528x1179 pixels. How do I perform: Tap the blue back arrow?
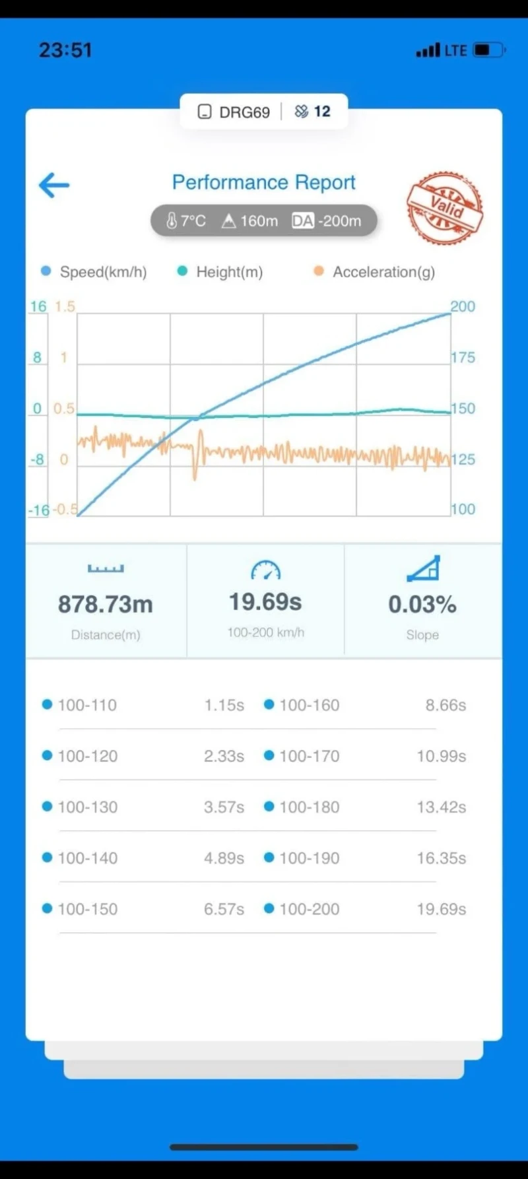pyautogui.click(x=54, y=185)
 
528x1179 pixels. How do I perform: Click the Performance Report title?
pyautogui.click(x=263, y=182)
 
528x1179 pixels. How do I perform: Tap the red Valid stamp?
pyautogui.click(x=445, y=208)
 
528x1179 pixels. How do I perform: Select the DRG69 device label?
pyautogui.click(x=244, y=112)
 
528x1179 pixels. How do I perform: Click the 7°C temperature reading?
pyautogui.click(x=186, y=221)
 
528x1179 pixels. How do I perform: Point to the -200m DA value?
pyautogui.click(x=339, y=221)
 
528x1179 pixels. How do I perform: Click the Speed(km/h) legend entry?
pyautogui.click(x=102, y=272)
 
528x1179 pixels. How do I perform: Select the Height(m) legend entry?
pyautogui.click(x=228, y=272)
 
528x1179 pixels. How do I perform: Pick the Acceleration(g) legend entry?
pyautogui.click(x=383, y=272)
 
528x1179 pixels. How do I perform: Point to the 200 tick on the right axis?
pyautogui.click(x=463, y=306)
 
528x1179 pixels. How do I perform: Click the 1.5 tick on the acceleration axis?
pyautogui.click(x=65, y=306)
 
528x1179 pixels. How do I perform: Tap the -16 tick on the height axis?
pyautogui.click(x=38, y=510)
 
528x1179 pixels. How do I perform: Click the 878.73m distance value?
pyautogui.click(x=106, y=604)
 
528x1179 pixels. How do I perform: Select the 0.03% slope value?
pyautogui.click(x=422, y=604)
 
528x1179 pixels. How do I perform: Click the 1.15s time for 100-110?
pyautogui.click(x=224, y=705)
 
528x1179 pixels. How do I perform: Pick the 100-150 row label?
pyautogui.click(x=87, y=909)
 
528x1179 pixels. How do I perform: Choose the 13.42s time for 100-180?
pyautogui.click(x=441, y=807)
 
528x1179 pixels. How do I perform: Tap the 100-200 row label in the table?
pyautogui.click(x=309, y=909)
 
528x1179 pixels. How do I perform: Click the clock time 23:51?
pyautogui.click(x=65, y=50)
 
